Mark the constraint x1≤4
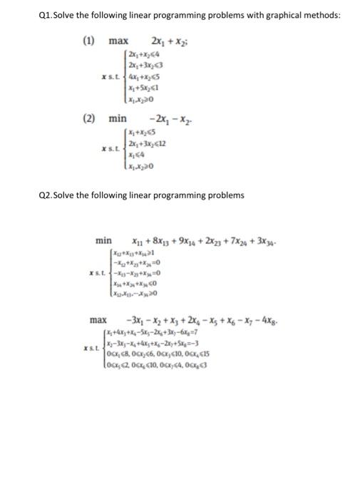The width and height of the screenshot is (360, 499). tap(135, 153)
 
